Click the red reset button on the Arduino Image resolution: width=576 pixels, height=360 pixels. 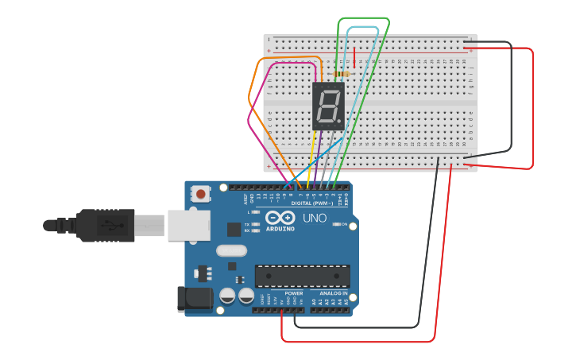[x=201, y=193]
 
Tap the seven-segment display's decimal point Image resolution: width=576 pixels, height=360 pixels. [x=338, y=122]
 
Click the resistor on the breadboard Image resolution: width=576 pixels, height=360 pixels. [x=341, y=75]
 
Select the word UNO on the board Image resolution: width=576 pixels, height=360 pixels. [x=315, y=218]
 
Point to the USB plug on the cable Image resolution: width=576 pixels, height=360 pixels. [x=103, y=225]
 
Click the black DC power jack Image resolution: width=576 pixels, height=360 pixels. [x=193, y=299]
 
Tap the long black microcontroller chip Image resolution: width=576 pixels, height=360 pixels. [x=302, y=276]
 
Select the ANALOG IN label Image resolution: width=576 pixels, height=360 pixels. [x=334, y=292]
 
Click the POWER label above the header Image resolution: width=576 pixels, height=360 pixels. [x=293, y=292]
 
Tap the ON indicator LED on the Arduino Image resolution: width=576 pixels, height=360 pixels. [x=334, y=225]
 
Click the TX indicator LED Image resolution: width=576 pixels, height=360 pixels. [x=256, y=225]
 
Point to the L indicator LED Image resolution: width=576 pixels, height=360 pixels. [x=256, y=212]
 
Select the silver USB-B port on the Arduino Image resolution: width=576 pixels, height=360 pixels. [x=188, y=226]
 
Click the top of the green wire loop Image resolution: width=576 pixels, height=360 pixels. [x=363, y=17]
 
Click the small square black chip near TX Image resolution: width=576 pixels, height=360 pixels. [x=234, y=230]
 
